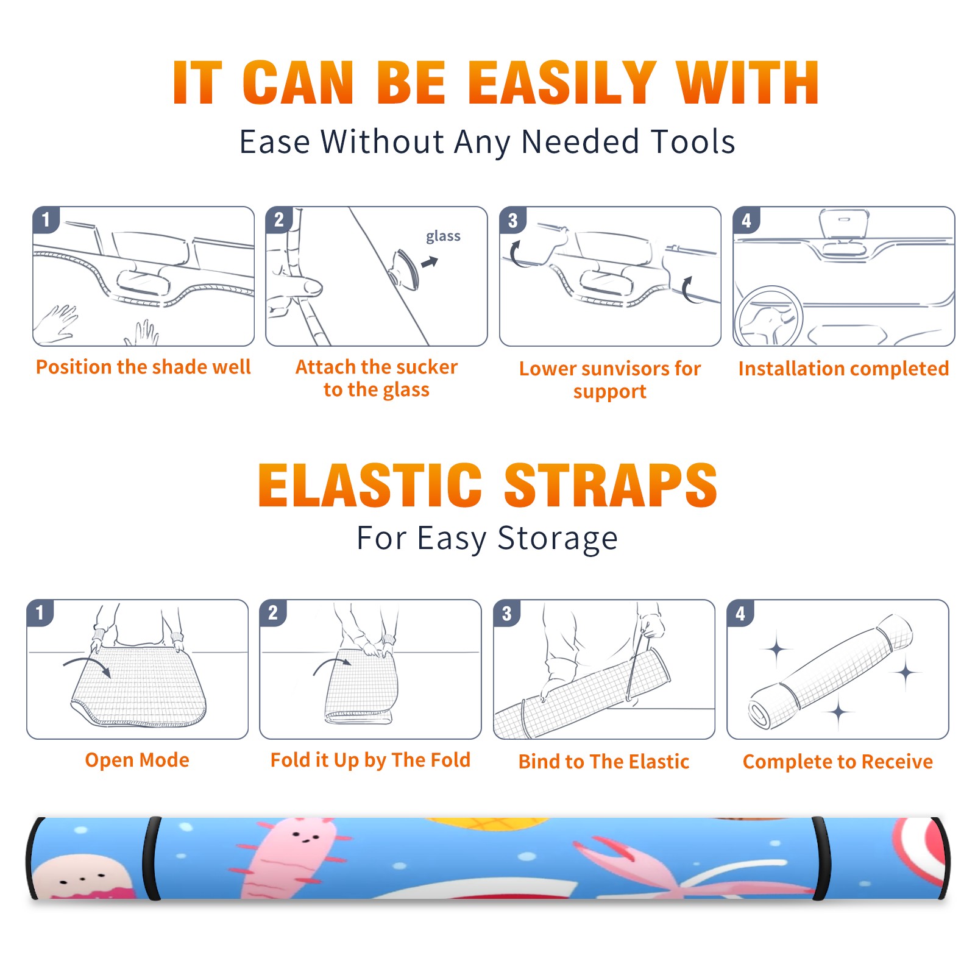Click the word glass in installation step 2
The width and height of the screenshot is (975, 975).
coord(443,236)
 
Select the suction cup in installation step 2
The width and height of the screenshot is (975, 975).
coord(405,269)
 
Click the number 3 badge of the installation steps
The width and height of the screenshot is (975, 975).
coord(512,220)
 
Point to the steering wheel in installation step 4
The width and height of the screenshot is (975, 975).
coord(768,316)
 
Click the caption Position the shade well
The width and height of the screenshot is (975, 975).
coord(143,367)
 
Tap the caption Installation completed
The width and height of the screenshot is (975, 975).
coord(843,368)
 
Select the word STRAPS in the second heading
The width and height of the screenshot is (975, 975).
coord(611,485)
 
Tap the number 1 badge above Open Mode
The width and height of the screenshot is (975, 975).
coord(40,612)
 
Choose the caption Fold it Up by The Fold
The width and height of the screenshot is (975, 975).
coord(370,760)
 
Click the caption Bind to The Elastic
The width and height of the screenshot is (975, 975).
coord(604,762)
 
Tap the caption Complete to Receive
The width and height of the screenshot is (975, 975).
coord(838,762)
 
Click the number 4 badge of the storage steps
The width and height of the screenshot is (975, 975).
coord(740,613)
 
